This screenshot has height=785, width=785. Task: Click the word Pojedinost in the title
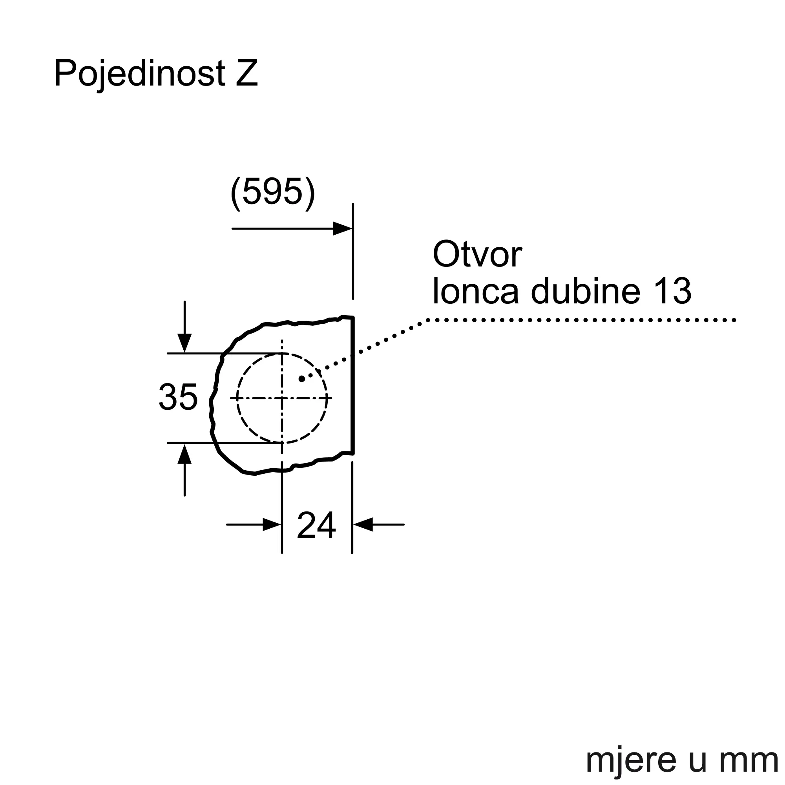(139, 74)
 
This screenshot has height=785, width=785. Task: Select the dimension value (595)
(273, 192)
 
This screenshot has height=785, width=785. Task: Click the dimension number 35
(178, 397)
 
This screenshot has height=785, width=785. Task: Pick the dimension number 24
(316, 526)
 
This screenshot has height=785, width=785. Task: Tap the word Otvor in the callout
(477, 254)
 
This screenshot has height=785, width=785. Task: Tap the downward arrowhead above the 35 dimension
(184, 343)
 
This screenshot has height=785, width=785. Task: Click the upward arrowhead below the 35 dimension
(184, 454)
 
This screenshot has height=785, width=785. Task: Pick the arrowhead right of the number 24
(363, 524)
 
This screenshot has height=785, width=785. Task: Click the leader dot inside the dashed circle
(301, 379)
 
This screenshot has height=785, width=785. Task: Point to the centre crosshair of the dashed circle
(282, 398)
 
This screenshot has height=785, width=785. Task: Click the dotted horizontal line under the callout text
(581, 320)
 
